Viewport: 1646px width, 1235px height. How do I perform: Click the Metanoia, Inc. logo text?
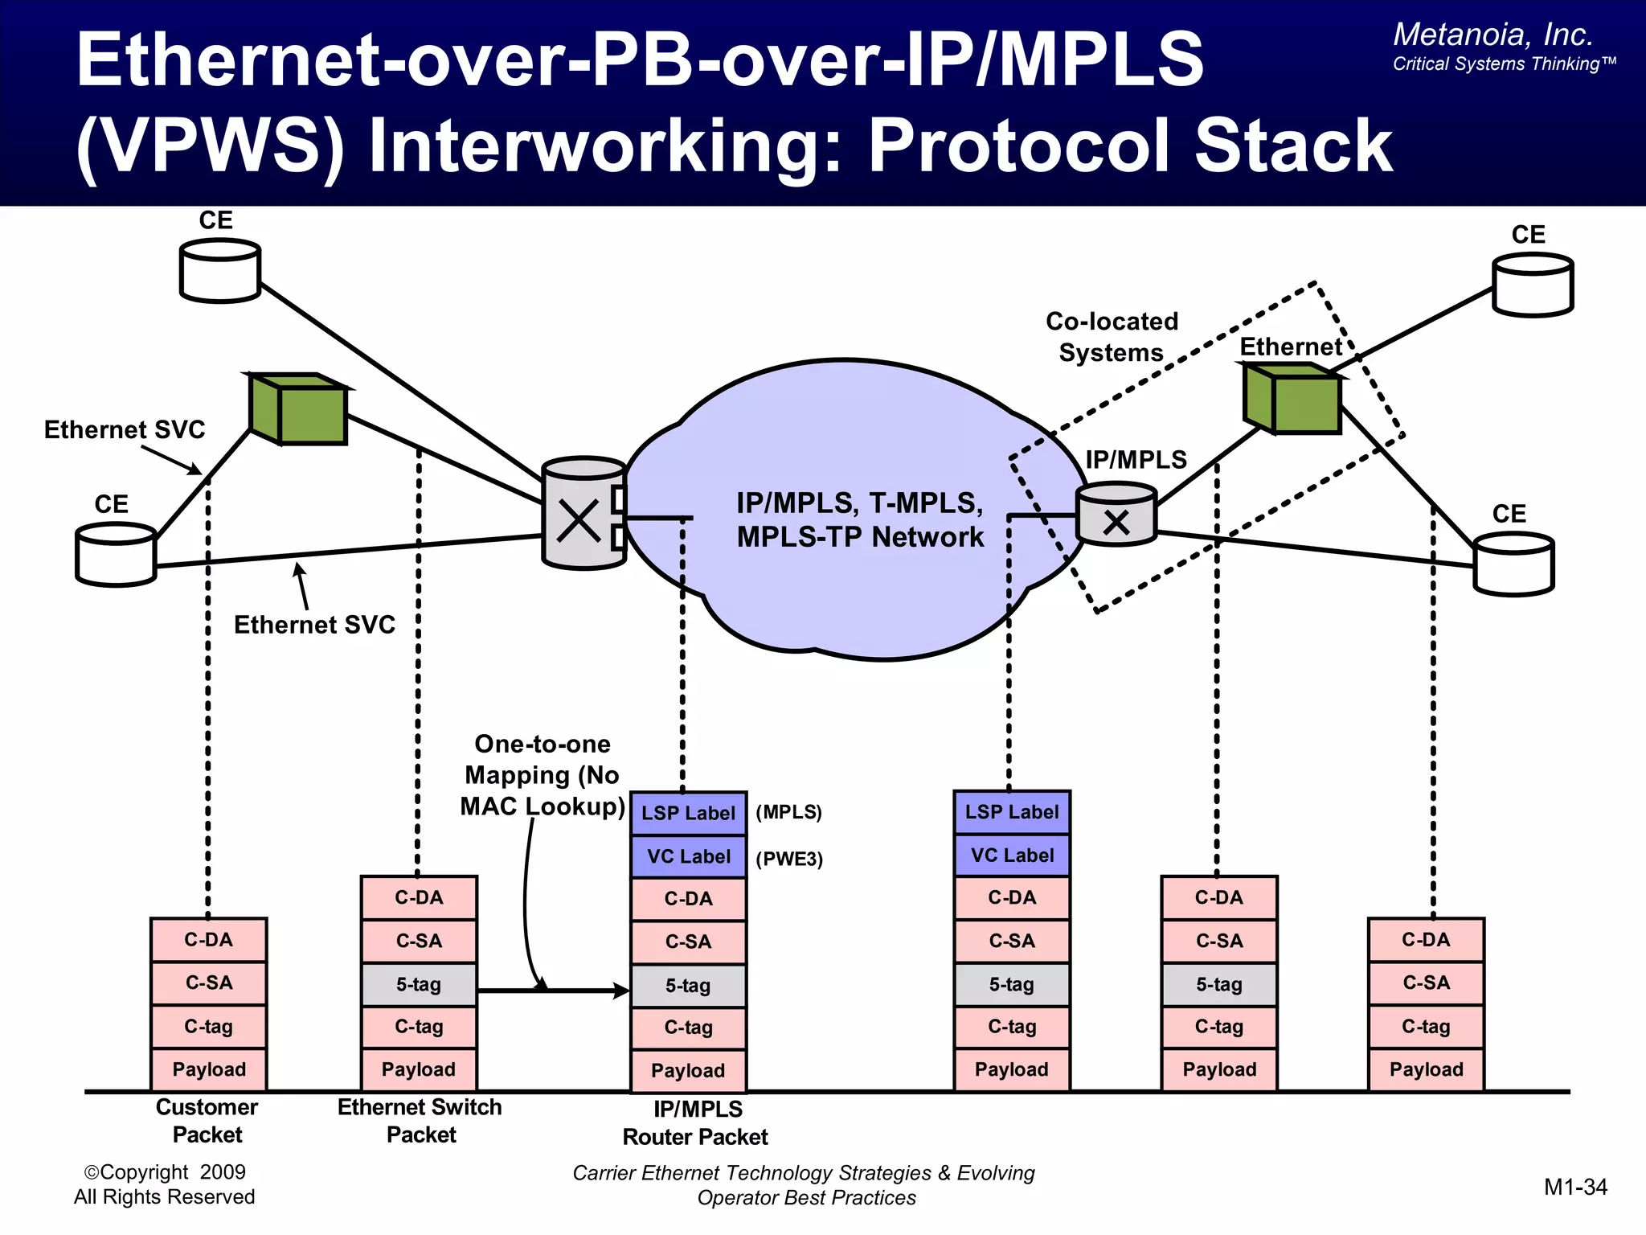(1492, 35)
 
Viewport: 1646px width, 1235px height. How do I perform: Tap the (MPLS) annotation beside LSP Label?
(788, 812)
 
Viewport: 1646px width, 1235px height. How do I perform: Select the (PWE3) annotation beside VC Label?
(789, 859)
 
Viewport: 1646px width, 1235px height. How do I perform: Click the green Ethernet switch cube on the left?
(299, 409)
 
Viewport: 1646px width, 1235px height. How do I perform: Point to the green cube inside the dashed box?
(1292, 399)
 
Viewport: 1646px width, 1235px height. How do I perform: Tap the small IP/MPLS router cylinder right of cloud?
(1116, 515)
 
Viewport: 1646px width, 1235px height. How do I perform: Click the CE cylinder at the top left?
(219, 272)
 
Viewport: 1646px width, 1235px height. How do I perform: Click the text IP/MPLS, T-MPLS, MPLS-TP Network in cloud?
(860, 519)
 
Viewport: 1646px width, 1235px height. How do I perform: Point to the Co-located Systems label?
(1112, 337)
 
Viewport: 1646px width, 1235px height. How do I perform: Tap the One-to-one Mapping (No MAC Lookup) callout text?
(543, 775)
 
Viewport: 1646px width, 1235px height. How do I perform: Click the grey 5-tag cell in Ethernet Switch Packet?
(419, 984)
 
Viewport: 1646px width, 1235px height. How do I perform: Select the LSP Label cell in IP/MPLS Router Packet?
(688, 813)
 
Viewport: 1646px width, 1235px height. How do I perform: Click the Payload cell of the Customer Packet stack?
(209, 1069)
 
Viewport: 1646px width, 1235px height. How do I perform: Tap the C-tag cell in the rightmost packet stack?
(1426, 1027)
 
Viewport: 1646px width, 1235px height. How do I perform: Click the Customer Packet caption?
(207, 1121)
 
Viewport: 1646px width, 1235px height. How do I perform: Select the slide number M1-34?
(1575, 1187)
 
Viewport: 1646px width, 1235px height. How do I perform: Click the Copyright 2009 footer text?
(165, 1172)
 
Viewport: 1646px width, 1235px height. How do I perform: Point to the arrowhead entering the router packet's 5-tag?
(622, 991)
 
